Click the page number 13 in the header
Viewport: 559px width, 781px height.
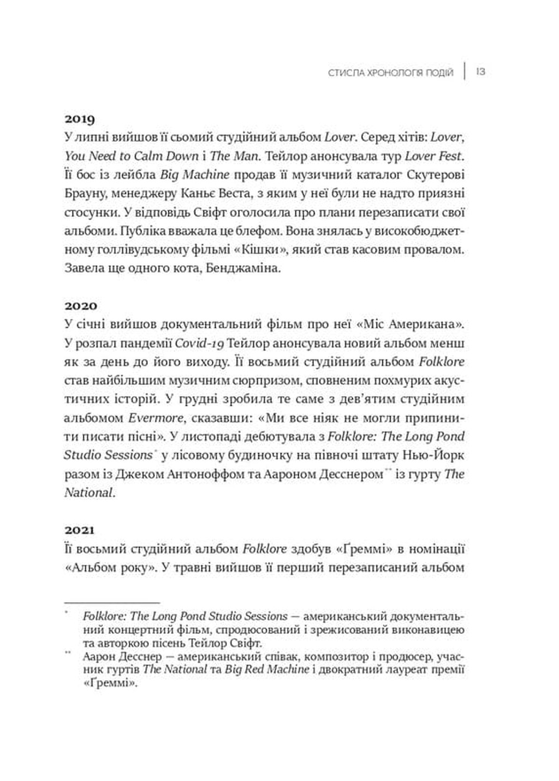(481, 72)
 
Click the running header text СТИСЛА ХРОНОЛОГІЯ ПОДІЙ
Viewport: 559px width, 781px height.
(391, 73)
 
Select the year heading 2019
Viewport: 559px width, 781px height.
(80, 119)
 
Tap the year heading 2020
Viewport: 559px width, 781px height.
(80, 305)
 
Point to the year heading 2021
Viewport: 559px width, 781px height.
(80, 530)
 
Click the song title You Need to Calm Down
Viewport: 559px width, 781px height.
(131, 156)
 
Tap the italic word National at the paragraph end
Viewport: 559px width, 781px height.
(88, 492)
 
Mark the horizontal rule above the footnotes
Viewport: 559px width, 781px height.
(112, 603)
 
